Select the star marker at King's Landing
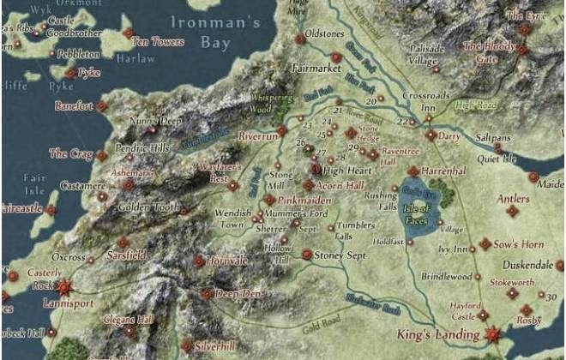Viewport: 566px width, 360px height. coord(492,334)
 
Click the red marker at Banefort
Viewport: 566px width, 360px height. coord(101,106)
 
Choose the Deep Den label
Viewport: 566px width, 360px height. coord(237,293)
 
